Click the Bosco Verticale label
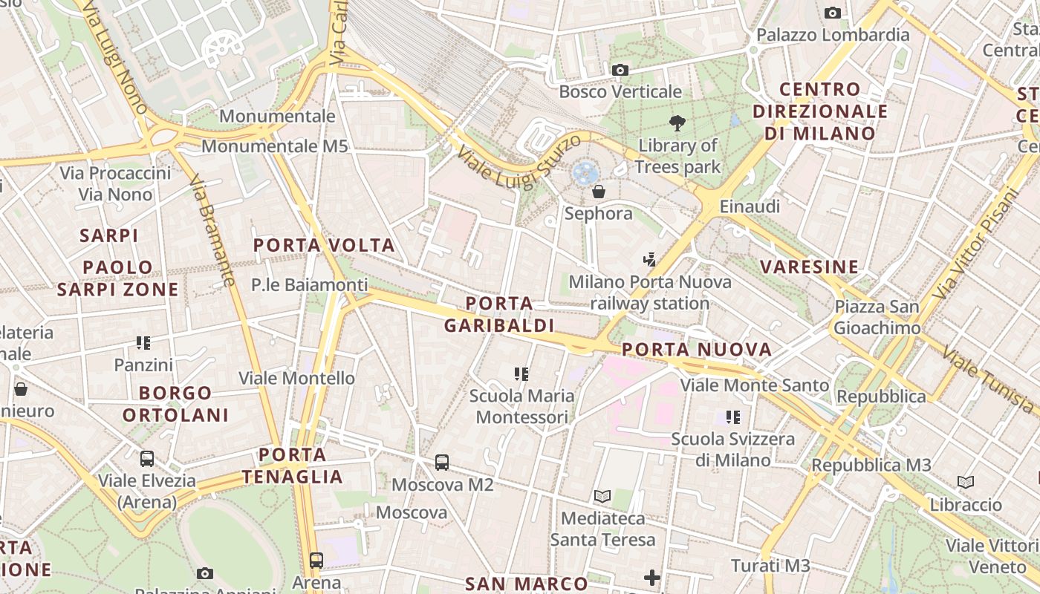[620, 92]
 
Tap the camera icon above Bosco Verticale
[620, 71]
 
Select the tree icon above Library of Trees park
[677, 123]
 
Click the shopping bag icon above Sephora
[599, 192]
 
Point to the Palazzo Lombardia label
[833, 35]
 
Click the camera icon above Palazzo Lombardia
[833, 13]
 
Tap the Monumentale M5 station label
[275, 146]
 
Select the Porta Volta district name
[324, 245]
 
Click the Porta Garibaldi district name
[499, 314]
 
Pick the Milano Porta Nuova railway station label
[650, 293]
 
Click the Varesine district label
[809, 267]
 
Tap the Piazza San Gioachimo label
[877, 317]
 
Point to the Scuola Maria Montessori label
[521, 406]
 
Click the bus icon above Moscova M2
[442, 463]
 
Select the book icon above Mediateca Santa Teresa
[602, 496]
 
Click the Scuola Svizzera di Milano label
[733, 449]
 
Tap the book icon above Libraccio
[966, 483]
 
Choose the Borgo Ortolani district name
[175, 404]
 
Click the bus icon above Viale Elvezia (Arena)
[147, 459]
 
